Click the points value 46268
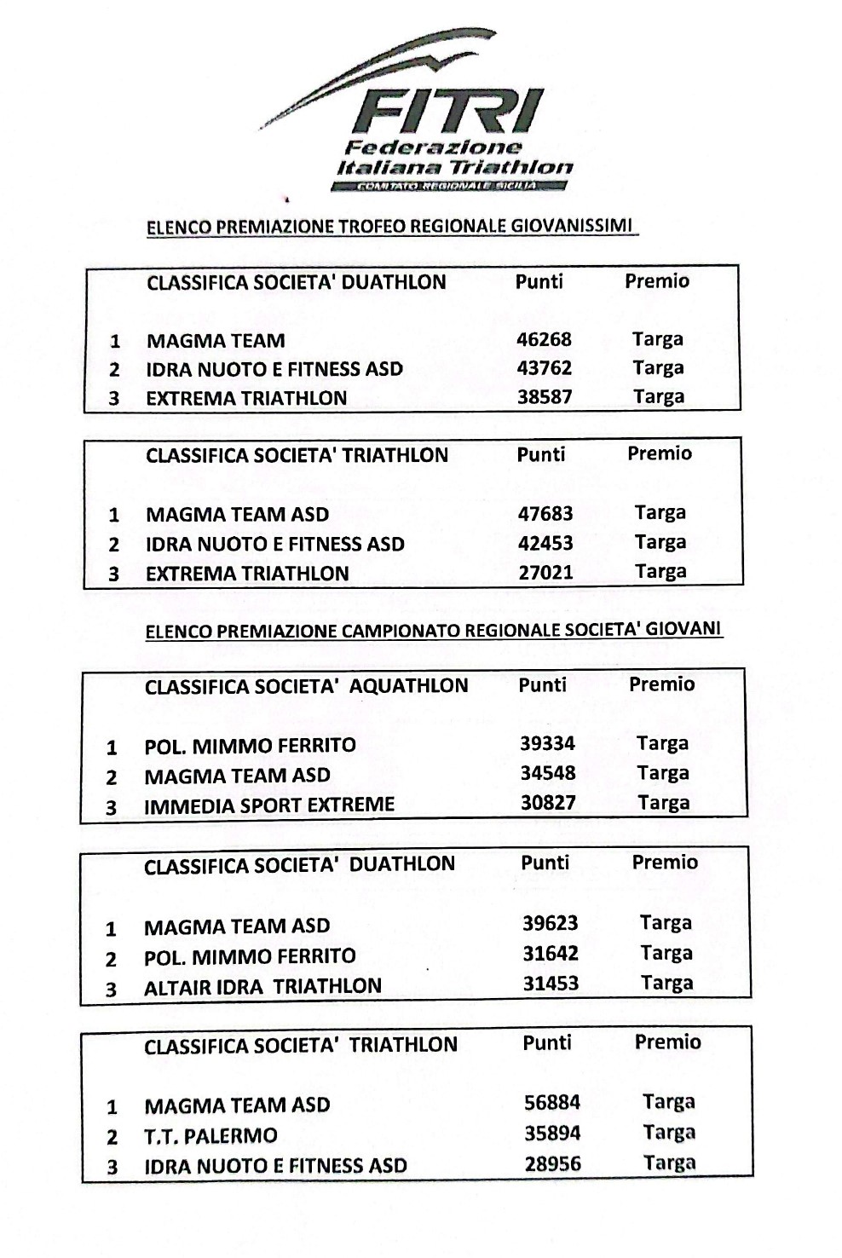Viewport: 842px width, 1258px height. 544,339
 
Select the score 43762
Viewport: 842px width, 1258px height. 544,368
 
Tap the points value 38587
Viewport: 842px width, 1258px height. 545,397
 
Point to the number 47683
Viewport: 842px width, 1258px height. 545,514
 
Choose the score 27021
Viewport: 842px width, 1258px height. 545,572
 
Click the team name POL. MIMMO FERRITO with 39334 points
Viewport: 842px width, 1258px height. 250,746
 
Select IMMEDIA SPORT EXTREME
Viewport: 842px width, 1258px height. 269,805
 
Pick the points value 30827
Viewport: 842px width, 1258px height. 548,803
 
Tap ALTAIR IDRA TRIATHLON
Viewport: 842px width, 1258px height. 262,987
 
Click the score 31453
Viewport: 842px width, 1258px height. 551,984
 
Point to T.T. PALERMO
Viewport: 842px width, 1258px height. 210,1136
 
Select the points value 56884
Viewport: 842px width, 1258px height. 552,1103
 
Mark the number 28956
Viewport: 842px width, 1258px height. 553,1164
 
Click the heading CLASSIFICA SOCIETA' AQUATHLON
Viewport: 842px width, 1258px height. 306,687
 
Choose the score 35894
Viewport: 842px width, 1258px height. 552,1134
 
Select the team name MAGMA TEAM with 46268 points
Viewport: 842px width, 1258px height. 216,341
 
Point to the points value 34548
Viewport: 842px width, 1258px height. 548,774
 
